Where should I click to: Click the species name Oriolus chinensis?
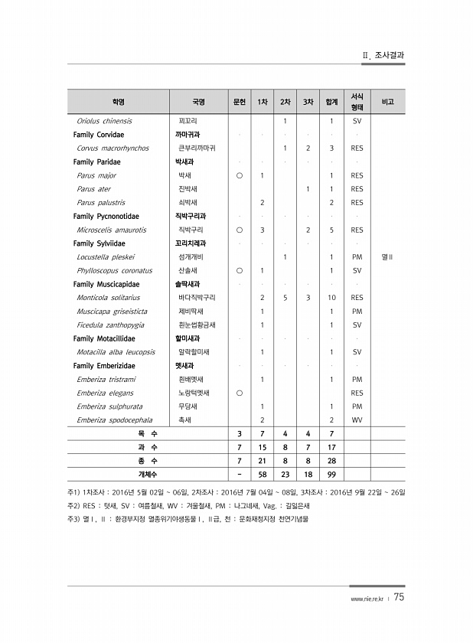coord(104,121)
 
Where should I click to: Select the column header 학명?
coord(118,101)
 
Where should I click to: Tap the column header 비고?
coord(387,101)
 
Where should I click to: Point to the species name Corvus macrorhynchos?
coord(113,149)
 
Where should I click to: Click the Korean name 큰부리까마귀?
coord(197,149)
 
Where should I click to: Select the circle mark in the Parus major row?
coord(239,175)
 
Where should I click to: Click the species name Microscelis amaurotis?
coord(112,230)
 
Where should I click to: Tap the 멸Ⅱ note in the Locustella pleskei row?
coord(387,257)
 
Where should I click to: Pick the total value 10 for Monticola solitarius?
coord(331,298)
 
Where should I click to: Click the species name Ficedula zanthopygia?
coord(110,325)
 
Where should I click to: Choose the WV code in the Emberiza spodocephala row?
coord(357,420)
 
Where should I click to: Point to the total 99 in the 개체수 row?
coord(331,475)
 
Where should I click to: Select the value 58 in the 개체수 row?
coord(262,475)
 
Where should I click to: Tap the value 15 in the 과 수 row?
coord(262,447)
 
